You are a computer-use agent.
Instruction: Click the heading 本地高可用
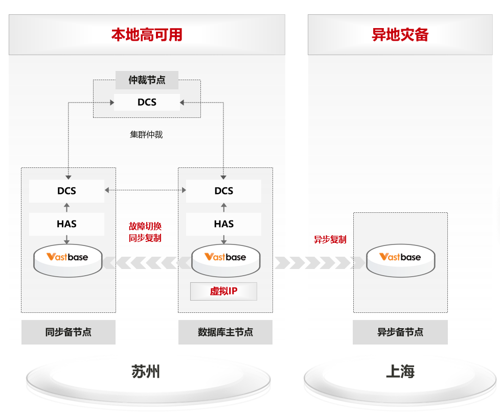click(147, 35)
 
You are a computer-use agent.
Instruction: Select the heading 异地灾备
click(400, 35)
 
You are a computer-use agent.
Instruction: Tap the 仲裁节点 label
click(147, 80)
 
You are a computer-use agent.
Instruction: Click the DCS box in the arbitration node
click(147, 102)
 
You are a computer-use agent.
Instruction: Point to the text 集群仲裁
click(146, 135)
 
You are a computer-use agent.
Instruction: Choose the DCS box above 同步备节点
click(66, 191)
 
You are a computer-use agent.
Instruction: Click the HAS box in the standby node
click(66, 224)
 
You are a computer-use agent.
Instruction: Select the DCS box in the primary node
click(223, 191)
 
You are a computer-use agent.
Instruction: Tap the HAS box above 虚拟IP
click(223, 224)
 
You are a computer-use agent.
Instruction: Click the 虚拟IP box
click(223, 291)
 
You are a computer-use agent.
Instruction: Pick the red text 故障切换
click(145, 226)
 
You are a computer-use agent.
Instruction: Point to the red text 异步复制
click(330, 239)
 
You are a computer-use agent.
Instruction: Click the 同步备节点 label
click(68, 332)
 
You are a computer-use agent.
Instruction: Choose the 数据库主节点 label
click(225, 332)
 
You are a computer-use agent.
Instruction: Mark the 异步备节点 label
click(400, 332)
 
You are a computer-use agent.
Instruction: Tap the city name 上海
click(400, 372)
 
